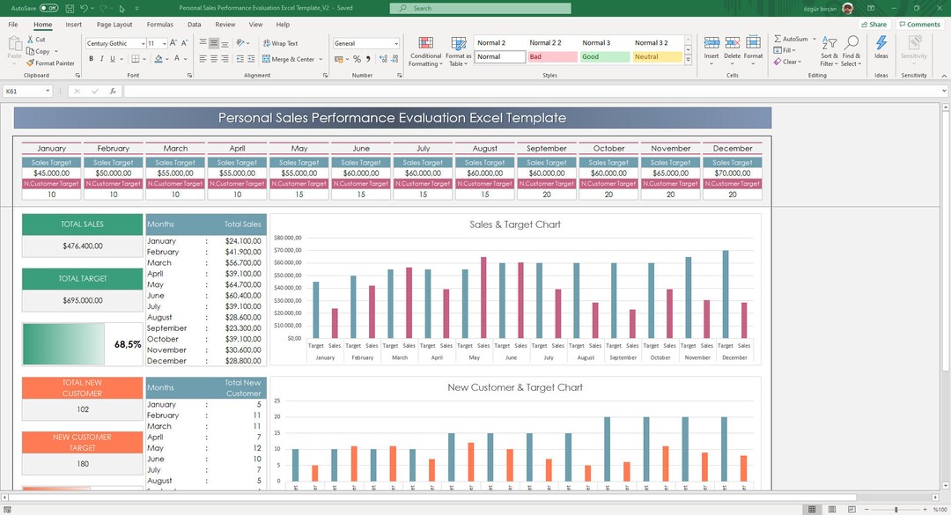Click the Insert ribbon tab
(74, 25)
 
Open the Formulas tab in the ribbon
(159, 25)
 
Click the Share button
(874, 25)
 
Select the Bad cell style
(551, 56)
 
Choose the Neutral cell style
(656, 56)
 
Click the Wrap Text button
(280, 43)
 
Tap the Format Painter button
(50, 63)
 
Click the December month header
(733, 148)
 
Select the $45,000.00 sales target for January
(51, 173)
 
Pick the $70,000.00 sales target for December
(733, 173)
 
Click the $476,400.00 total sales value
(82, 246)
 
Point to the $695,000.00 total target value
(82, 300)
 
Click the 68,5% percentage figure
(128, 344)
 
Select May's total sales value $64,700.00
(243, 284)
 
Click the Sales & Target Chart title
(515, 224)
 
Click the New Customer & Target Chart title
(515, 387)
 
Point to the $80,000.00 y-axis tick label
(288, 238)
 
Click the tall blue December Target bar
(726, 294)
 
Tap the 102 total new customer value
(82, 409)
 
